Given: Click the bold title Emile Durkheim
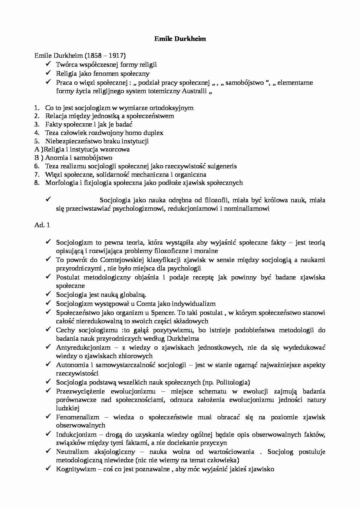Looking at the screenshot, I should pos(180,39).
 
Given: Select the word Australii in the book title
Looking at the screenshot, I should pos(195,91).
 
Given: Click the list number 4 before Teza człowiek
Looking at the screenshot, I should pos(37,133).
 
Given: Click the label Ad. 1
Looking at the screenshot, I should pos(42,225).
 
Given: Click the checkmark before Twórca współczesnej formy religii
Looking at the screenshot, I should pos(48,64).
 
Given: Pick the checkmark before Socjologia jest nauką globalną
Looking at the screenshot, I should pos(48,294).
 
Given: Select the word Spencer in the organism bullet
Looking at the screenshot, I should pos(164,313).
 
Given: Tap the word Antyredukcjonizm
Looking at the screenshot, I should pos(83,347).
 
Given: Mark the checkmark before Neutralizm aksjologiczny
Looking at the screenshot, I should pos(48,451).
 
